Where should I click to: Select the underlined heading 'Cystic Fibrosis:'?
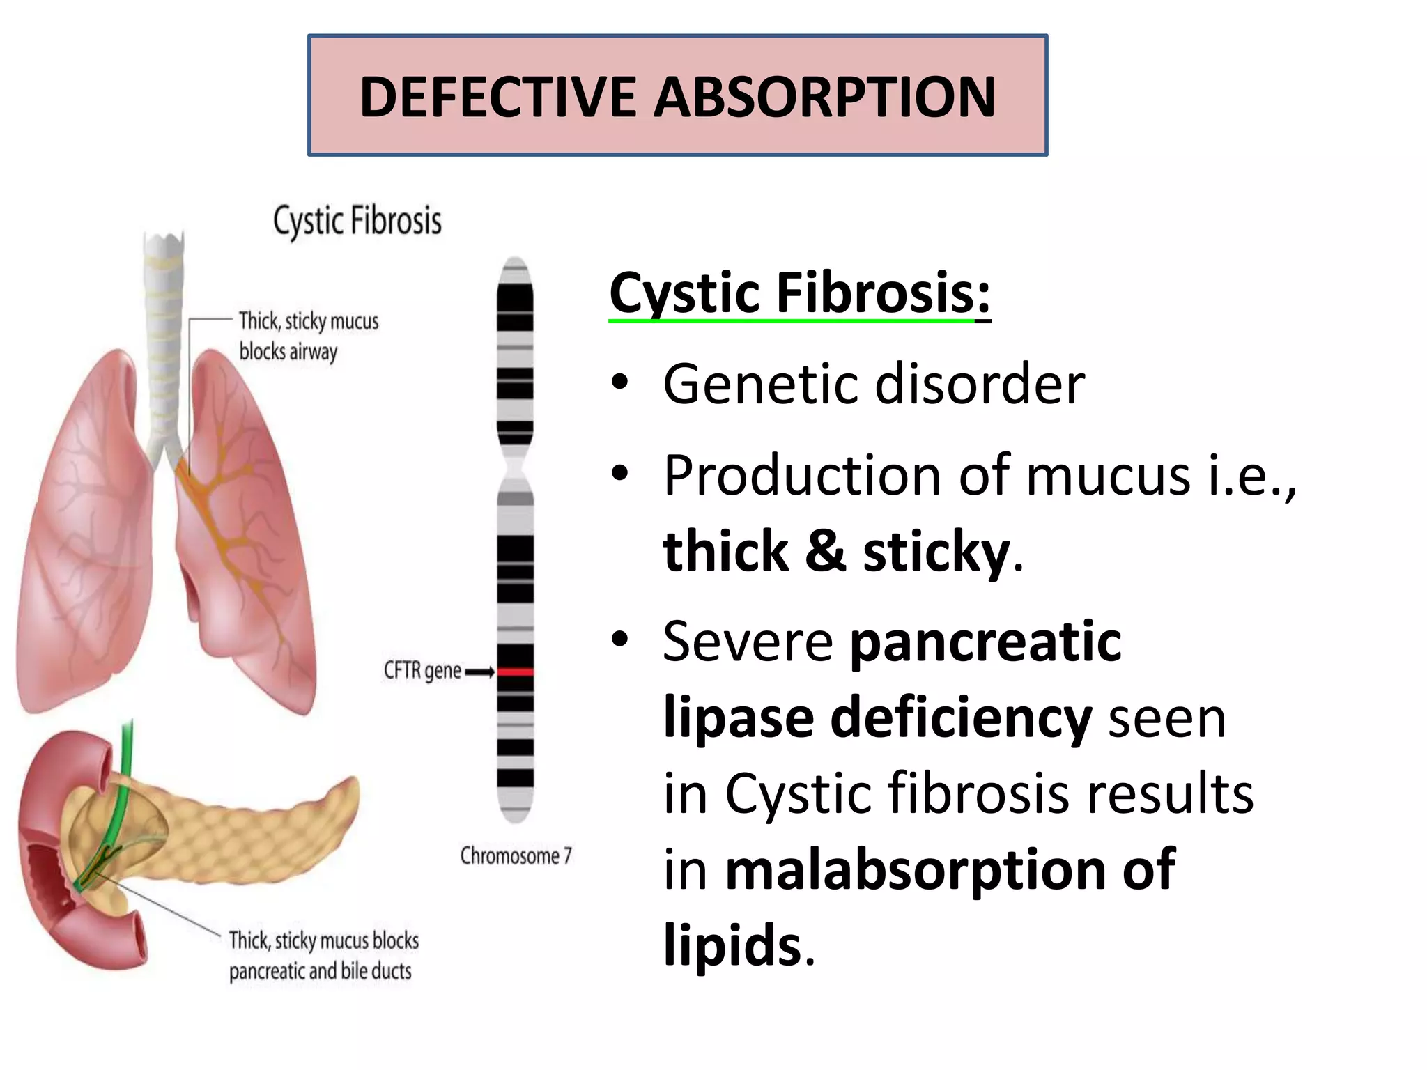click(799, 293)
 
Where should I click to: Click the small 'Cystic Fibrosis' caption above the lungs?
click(357, 221)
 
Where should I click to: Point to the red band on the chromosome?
click(515, 672)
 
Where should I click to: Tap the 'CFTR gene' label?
click(422, 671)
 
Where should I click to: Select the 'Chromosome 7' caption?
click(516, 855)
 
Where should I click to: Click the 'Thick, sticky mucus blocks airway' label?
click(309, 336)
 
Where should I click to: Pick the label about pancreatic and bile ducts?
click(323, 955)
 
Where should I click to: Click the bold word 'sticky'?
click(936, 551)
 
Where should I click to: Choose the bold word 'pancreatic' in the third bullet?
click(985, 642)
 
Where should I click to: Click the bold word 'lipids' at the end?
click(732, 945)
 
